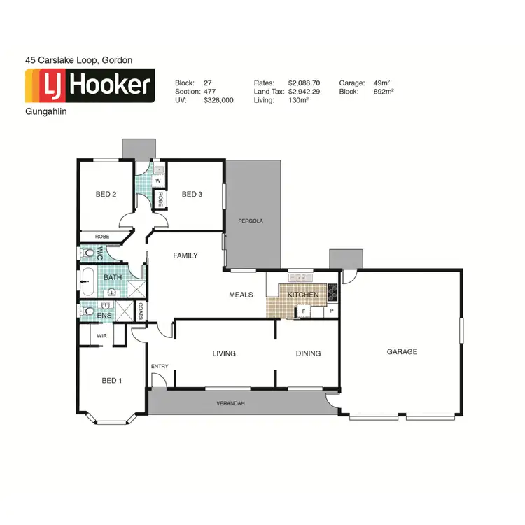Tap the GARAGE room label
click(402, 351)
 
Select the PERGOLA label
click(251, 220)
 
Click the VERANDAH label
click(232, 404)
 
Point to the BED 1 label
click(112, 381)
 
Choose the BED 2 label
click(106, 194)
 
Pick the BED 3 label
click(192, 194)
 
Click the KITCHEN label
click(303, 295)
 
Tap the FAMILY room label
click(185, 255)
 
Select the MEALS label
click(241, 295)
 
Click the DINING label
click(308, 353)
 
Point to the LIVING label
click(224, 353)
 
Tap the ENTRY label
click(159, 366)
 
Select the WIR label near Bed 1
click(101, 336)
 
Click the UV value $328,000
click(218, 101)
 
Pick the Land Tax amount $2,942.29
click(304, 92)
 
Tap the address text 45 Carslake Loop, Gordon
click(78, 60)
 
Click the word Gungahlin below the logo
click(45, 111)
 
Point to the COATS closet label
click(141, 311)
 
